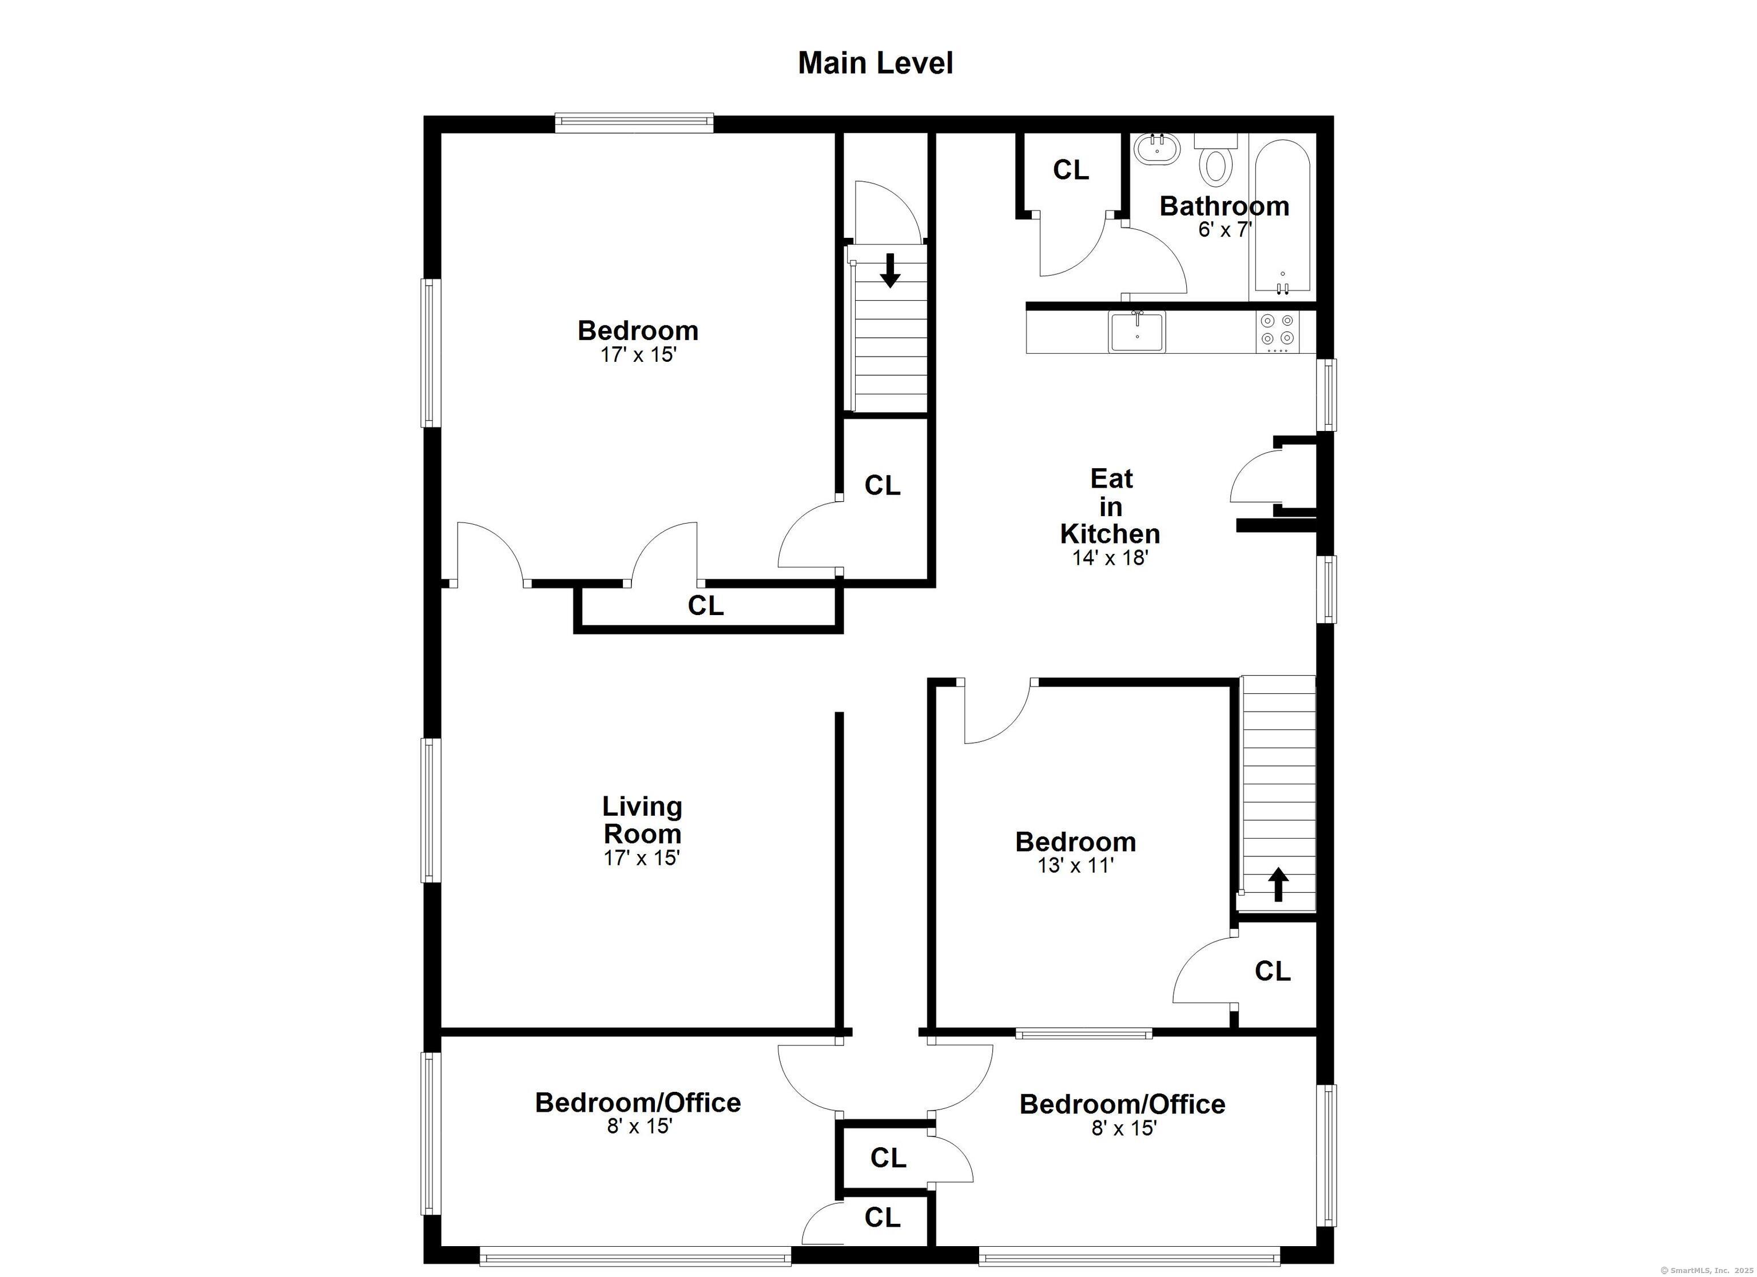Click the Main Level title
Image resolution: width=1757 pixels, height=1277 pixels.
pos(876,63)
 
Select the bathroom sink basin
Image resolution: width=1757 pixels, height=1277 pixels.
pos(1158,149)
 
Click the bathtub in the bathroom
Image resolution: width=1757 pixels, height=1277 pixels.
pos(1282,217)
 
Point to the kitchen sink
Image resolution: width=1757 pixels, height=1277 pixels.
pos(1136,332)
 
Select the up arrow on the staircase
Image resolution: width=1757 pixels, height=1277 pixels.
pos(1278,884)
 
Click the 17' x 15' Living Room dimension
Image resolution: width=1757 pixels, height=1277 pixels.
pos(642,858)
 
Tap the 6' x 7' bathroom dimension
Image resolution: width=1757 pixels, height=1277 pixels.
pos(1225,230)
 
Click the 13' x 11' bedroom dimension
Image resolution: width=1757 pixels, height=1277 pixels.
pos(1075,865)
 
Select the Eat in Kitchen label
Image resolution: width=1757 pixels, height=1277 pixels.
pos(1110,506)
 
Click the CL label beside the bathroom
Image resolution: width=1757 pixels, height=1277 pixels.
pos(1071,170)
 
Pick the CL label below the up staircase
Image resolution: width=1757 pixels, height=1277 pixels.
pos(1272,971)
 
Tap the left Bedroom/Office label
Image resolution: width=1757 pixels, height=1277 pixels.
pos(638,1102)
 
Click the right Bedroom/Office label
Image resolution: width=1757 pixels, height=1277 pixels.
pos(1122,1104)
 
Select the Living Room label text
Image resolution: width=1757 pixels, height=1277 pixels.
pos(642,820)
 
